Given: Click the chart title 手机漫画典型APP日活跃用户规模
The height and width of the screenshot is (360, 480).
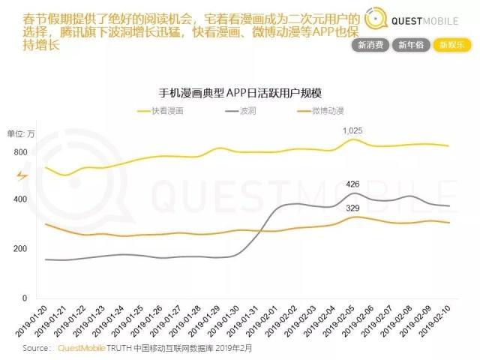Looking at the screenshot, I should point(241,94).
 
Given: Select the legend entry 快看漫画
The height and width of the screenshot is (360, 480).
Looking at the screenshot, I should point(166,110).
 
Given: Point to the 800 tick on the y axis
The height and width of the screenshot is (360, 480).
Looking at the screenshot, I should point(19,152).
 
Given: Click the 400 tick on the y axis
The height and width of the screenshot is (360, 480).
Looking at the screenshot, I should point(19,199).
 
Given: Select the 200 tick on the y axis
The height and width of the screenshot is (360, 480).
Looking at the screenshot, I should point(19,248).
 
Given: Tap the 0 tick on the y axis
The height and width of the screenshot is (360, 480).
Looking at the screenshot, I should point(25,298).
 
